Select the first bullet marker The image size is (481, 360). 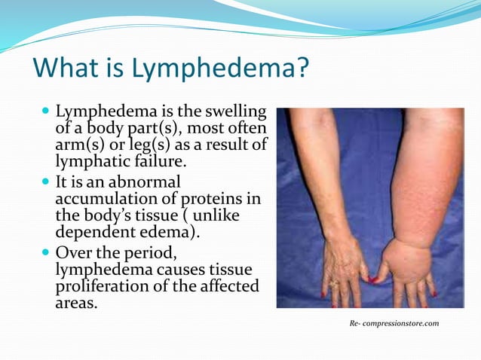click(46, 111)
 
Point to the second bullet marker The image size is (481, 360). click(46, 183)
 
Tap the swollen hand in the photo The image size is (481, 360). click(408, 267)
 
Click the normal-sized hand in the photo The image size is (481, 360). click(344, 267)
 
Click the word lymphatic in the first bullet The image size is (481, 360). click(90, 160)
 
